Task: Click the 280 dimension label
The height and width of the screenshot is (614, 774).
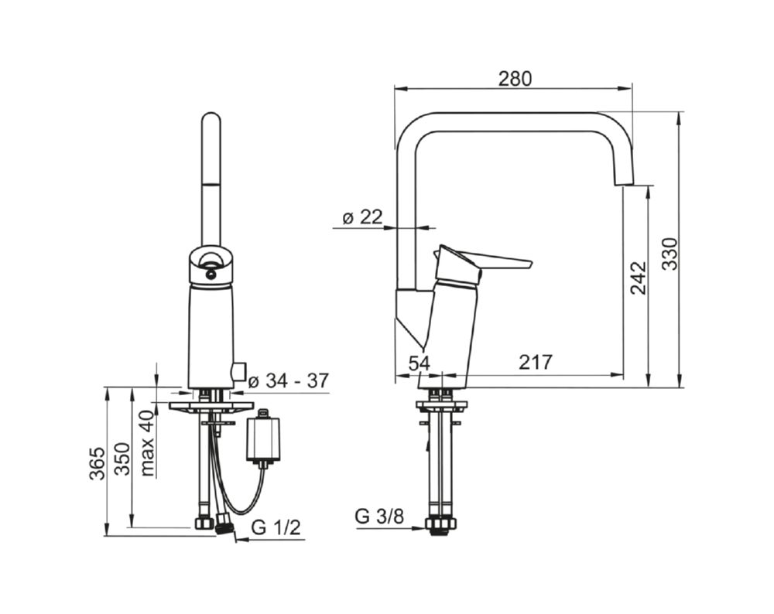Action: click(x=515, y=79)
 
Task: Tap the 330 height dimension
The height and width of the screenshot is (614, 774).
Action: click(x=670, y=254)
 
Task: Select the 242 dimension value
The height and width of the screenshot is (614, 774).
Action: click(x=639, y=278)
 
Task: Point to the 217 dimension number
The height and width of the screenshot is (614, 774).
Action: click(x=536, y=363)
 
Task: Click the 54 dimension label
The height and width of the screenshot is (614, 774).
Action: click(x=420, y=363)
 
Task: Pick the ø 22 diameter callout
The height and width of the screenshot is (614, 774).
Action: click(x=362, y=217)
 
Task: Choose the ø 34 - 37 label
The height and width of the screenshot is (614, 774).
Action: click(x=288, y=380)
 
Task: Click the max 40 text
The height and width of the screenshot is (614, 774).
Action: click(x=148, y=443)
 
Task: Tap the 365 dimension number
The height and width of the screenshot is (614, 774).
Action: click(x=97, y=463)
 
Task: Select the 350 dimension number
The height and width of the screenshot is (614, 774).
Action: click(x=122, y=459)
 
